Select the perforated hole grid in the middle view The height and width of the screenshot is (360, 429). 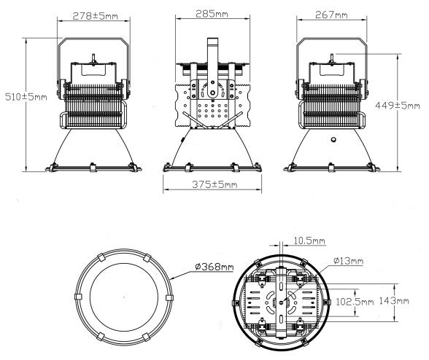(x=217, y=111)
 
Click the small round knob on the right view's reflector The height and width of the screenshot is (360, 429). (x=333, y=138)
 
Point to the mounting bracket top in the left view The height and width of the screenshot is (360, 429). (x=93, y=41)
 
